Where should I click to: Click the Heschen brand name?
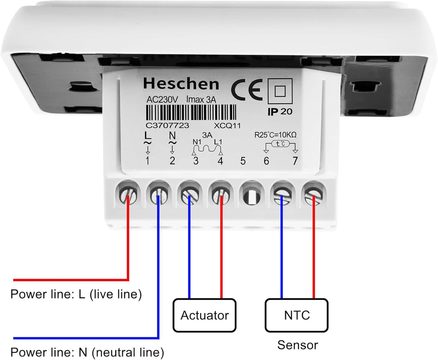coord(181,84)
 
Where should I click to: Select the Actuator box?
coord(204,315)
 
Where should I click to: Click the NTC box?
coord(296,315)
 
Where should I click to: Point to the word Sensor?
coord(298,345)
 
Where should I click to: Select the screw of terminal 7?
coord(313,196)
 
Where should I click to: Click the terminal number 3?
coord(196,161)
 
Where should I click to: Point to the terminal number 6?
coord(266,161)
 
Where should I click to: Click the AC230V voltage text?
coord(162,99)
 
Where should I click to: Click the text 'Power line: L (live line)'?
coord(76,294)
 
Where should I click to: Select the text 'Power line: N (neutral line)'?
coord(87,351)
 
